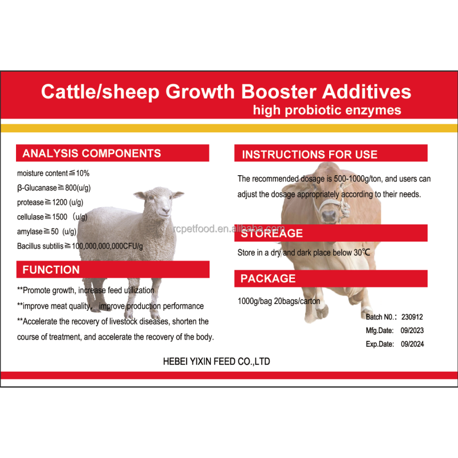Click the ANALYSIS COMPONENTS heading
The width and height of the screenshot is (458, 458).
point(92,153)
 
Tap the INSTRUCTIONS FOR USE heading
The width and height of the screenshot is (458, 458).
point(310,155)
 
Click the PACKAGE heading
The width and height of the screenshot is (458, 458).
point(268,279)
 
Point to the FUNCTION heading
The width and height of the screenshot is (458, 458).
point(51,270)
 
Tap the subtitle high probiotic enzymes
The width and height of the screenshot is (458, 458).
point(327,109)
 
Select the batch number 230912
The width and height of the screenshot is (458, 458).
point(412,317)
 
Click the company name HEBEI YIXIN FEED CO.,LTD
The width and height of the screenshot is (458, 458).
point(217,362)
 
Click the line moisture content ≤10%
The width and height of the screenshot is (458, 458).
point(53,173)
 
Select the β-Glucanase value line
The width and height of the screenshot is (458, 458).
point(62,187)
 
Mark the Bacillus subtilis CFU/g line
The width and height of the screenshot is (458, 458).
point(80,246)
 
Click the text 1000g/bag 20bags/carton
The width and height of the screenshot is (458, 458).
point(279,301)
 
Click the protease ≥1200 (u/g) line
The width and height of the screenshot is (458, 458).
point(56,202)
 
